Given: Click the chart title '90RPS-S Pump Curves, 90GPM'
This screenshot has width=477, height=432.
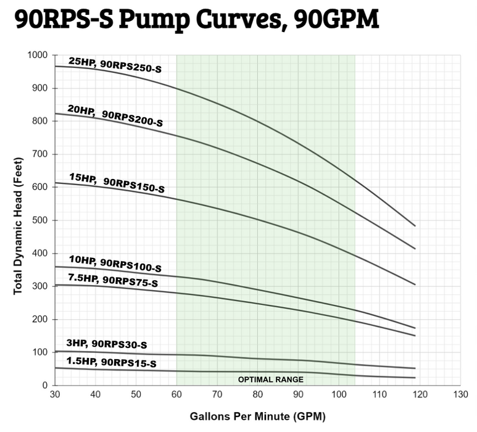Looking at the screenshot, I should (196, 21).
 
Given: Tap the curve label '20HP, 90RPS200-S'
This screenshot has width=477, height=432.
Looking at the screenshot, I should (115, 114).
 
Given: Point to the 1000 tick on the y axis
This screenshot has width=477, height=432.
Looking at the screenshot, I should (38, 55).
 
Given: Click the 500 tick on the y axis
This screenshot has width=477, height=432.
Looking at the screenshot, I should (41, 220).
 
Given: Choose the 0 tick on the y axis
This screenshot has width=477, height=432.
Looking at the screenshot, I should (46, 385).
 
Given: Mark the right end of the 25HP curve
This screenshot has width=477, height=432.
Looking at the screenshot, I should (415, 226).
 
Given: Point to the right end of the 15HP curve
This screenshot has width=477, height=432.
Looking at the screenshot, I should (415, 285).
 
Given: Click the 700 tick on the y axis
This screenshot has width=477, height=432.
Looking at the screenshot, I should (41, 154).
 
